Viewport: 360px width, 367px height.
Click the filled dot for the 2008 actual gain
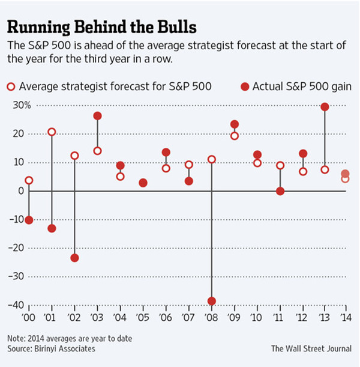[x=211, y=301]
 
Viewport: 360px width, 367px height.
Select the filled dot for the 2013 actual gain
[x=325, y=107]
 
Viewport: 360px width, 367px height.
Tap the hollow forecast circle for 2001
[x=52, y=132]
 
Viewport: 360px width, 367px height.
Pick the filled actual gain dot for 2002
[x=74, y=258]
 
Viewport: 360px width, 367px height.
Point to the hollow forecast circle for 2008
[x=211, y=159]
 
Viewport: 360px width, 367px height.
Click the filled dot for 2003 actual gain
[x=97, y=116]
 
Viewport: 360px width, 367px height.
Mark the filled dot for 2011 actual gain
[x=280, y=191]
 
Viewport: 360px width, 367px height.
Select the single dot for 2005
[x=143, y=183]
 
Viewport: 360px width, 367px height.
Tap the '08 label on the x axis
[x=211, y=317]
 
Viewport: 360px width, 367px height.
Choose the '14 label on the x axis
[x=344, y=317]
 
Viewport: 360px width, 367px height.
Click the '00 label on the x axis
[x=28, y=317]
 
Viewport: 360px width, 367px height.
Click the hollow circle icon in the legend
[x=11, y=87]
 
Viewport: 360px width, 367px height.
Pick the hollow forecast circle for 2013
[x=325, y=169]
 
